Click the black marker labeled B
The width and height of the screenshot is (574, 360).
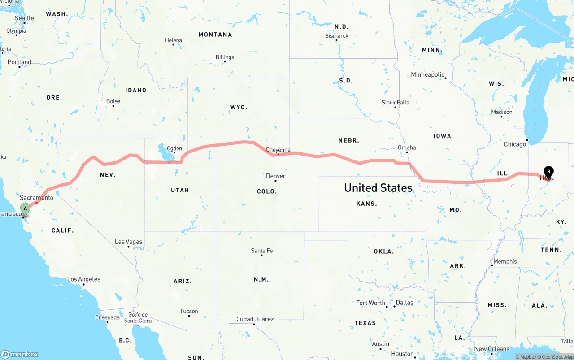point(548,172)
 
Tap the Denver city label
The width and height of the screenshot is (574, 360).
point(275,176)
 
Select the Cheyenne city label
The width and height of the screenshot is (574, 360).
point(278,150)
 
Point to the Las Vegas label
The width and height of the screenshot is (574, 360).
point(128,242)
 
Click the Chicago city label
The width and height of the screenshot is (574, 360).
point(515,144)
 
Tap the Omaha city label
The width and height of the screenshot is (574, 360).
point(407,147)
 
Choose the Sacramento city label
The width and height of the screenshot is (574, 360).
point(36,197)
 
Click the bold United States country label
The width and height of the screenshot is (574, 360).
point(378,188)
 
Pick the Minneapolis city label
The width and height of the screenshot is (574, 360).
point(428,74)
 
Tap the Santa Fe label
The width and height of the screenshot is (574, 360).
point(262,251)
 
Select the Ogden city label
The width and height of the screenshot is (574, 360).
point(174,148)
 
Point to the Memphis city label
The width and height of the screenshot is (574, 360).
point(505,261)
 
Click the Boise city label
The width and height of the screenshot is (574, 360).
point(113,101)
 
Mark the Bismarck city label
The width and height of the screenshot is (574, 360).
point(336,35)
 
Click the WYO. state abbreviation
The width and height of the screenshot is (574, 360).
point(239,107)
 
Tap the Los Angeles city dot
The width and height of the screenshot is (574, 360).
point(84,285)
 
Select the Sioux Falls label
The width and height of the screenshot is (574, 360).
point(395,102)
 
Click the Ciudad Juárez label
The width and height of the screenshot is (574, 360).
point(254,319)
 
